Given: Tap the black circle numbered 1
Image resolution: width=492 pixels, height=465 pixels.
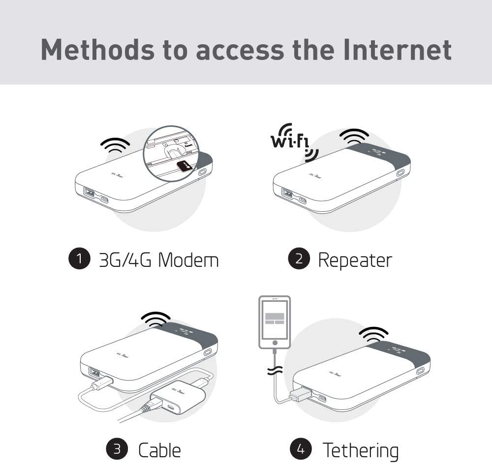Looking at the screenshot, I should click(x=79, y=259).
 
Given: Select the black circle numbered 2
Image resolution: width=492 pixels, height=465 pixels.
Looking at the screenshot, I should click(x=299, y=259).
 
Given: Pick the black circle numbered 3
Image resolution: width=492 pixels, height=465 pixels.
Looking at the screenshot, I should click(x=117, y=449).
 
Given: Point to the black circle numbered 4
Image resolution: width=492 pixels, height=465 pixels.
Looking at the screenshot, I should click(x=301, y=449).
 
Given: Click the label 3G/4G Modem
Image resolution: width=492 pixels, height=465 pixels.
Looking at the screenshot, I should click(x=158, y=259).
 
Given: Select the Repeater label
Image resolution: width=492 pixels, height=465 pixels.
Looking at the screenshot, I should click(x=355, y=259).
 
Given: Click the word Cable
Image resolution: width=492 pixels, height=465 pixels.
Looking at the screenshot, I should click(x=159, y=449).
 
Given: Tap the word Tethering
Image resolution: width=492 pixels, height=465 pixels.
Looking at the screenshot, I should click(x=360, y=449).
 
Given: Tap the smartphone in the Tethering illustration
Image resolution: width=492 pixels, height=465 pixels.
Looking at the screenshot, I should click(x=275, y=322).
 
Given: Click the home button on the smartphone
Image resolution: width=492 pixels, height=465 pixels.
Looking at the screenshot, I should click(x=275, y=342).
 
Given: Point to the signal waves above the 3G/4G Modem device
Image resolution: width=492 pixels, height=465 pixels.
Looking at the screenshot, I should click(x=115, y=144).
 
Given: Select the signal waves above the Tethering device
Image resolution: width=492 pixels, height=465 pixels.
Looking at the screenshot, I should click(x=373, y=335).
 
